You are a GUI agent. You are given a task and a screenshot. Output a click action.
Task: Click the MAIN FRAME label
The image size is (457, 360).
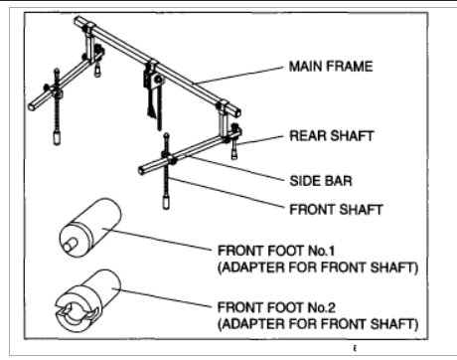coord(331,66)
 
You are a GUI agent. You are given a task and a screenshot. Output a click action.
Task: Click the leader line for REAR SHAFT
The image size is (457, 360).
coord(260,137)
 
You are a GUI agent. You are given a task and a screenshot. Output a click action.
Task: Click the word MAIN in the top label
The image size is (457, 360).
coord(305,66)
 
